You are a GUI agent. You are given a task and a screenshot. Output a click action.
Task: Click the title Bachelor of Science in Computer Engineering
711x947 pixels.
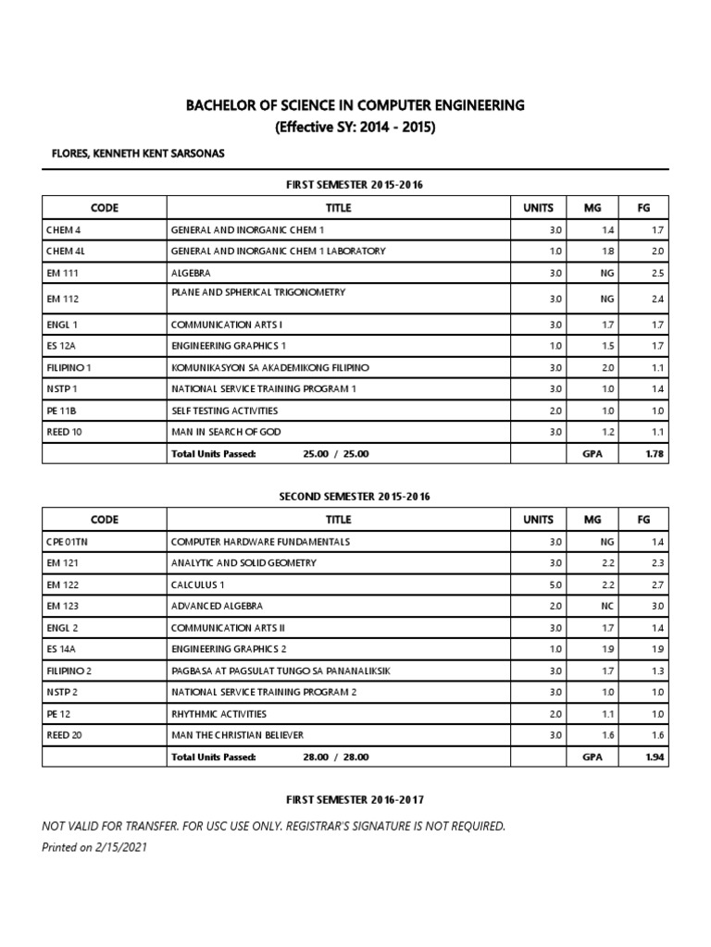tap(355, 105)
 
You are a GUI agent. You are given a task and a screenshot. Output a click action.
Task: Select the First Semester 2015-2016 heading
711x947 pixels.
tap(355, 185)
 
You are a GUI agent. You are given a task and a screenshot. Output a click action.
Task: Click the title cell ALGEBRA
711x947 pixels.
tap(190, 274)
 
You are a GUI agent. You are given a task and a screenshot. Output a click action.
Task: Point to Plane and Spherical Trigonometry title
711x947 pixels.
tap(257, 292)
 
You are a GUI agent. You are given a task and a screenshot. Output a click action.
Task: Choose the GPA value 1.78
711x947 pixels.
tap(656, 454)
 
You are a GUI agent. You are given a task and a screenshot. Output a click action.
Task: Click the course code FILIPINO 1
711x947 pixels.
tap(68, 367)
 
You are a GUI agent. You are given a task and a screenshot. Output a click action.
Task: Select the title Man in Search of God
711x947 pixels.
tap(225, 431)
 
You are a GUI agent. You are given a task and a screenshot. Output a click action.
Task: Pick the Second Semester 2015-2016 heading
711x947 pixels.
tap(355, 497)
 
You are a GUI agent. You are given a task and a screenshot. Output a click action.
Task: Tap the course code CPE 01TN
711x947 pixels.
tap(68, 541)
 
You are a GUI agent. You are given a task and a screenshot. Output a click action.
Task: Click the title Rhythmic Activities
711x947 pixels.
tap(218, 714)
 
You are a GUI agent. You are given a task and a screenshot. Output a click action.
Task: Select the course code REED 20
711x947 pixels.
tap(64, 735)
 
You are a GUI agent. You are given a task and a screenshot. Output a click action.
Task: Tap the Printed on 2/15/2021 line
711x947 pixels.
tap(94, 847)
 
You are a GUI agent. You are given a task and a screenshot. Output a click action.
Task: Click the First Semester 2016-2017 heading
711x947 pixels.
tap(355, 799)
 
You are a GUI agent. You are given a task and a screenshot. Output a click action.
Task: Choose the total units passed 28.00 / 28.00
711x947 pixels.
tap(335, 756)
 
